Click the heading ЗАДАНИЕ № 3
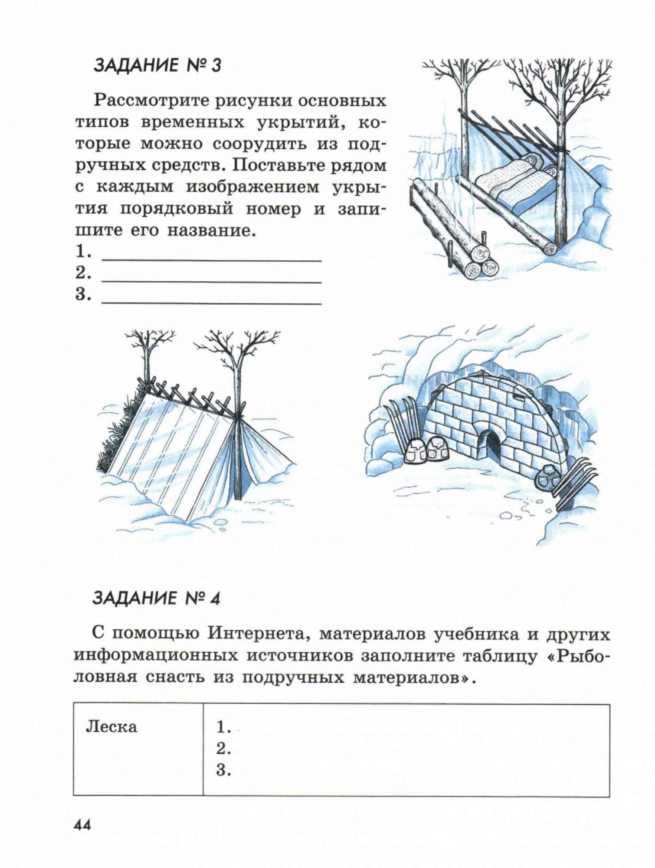pyautogui.click(x=157, y=66)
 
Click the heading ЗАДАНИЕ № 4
pyautogui.click(x=156, y=598)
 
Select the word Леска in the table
pyautogui.click(x=111, y=727)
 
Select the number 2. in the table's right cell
pyautogui.click(x=223, y=749)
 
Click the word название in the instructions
pyautogui.click(x=210, y=230)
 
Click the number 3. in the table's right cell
pyautogui.click(x=223, y=770)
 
